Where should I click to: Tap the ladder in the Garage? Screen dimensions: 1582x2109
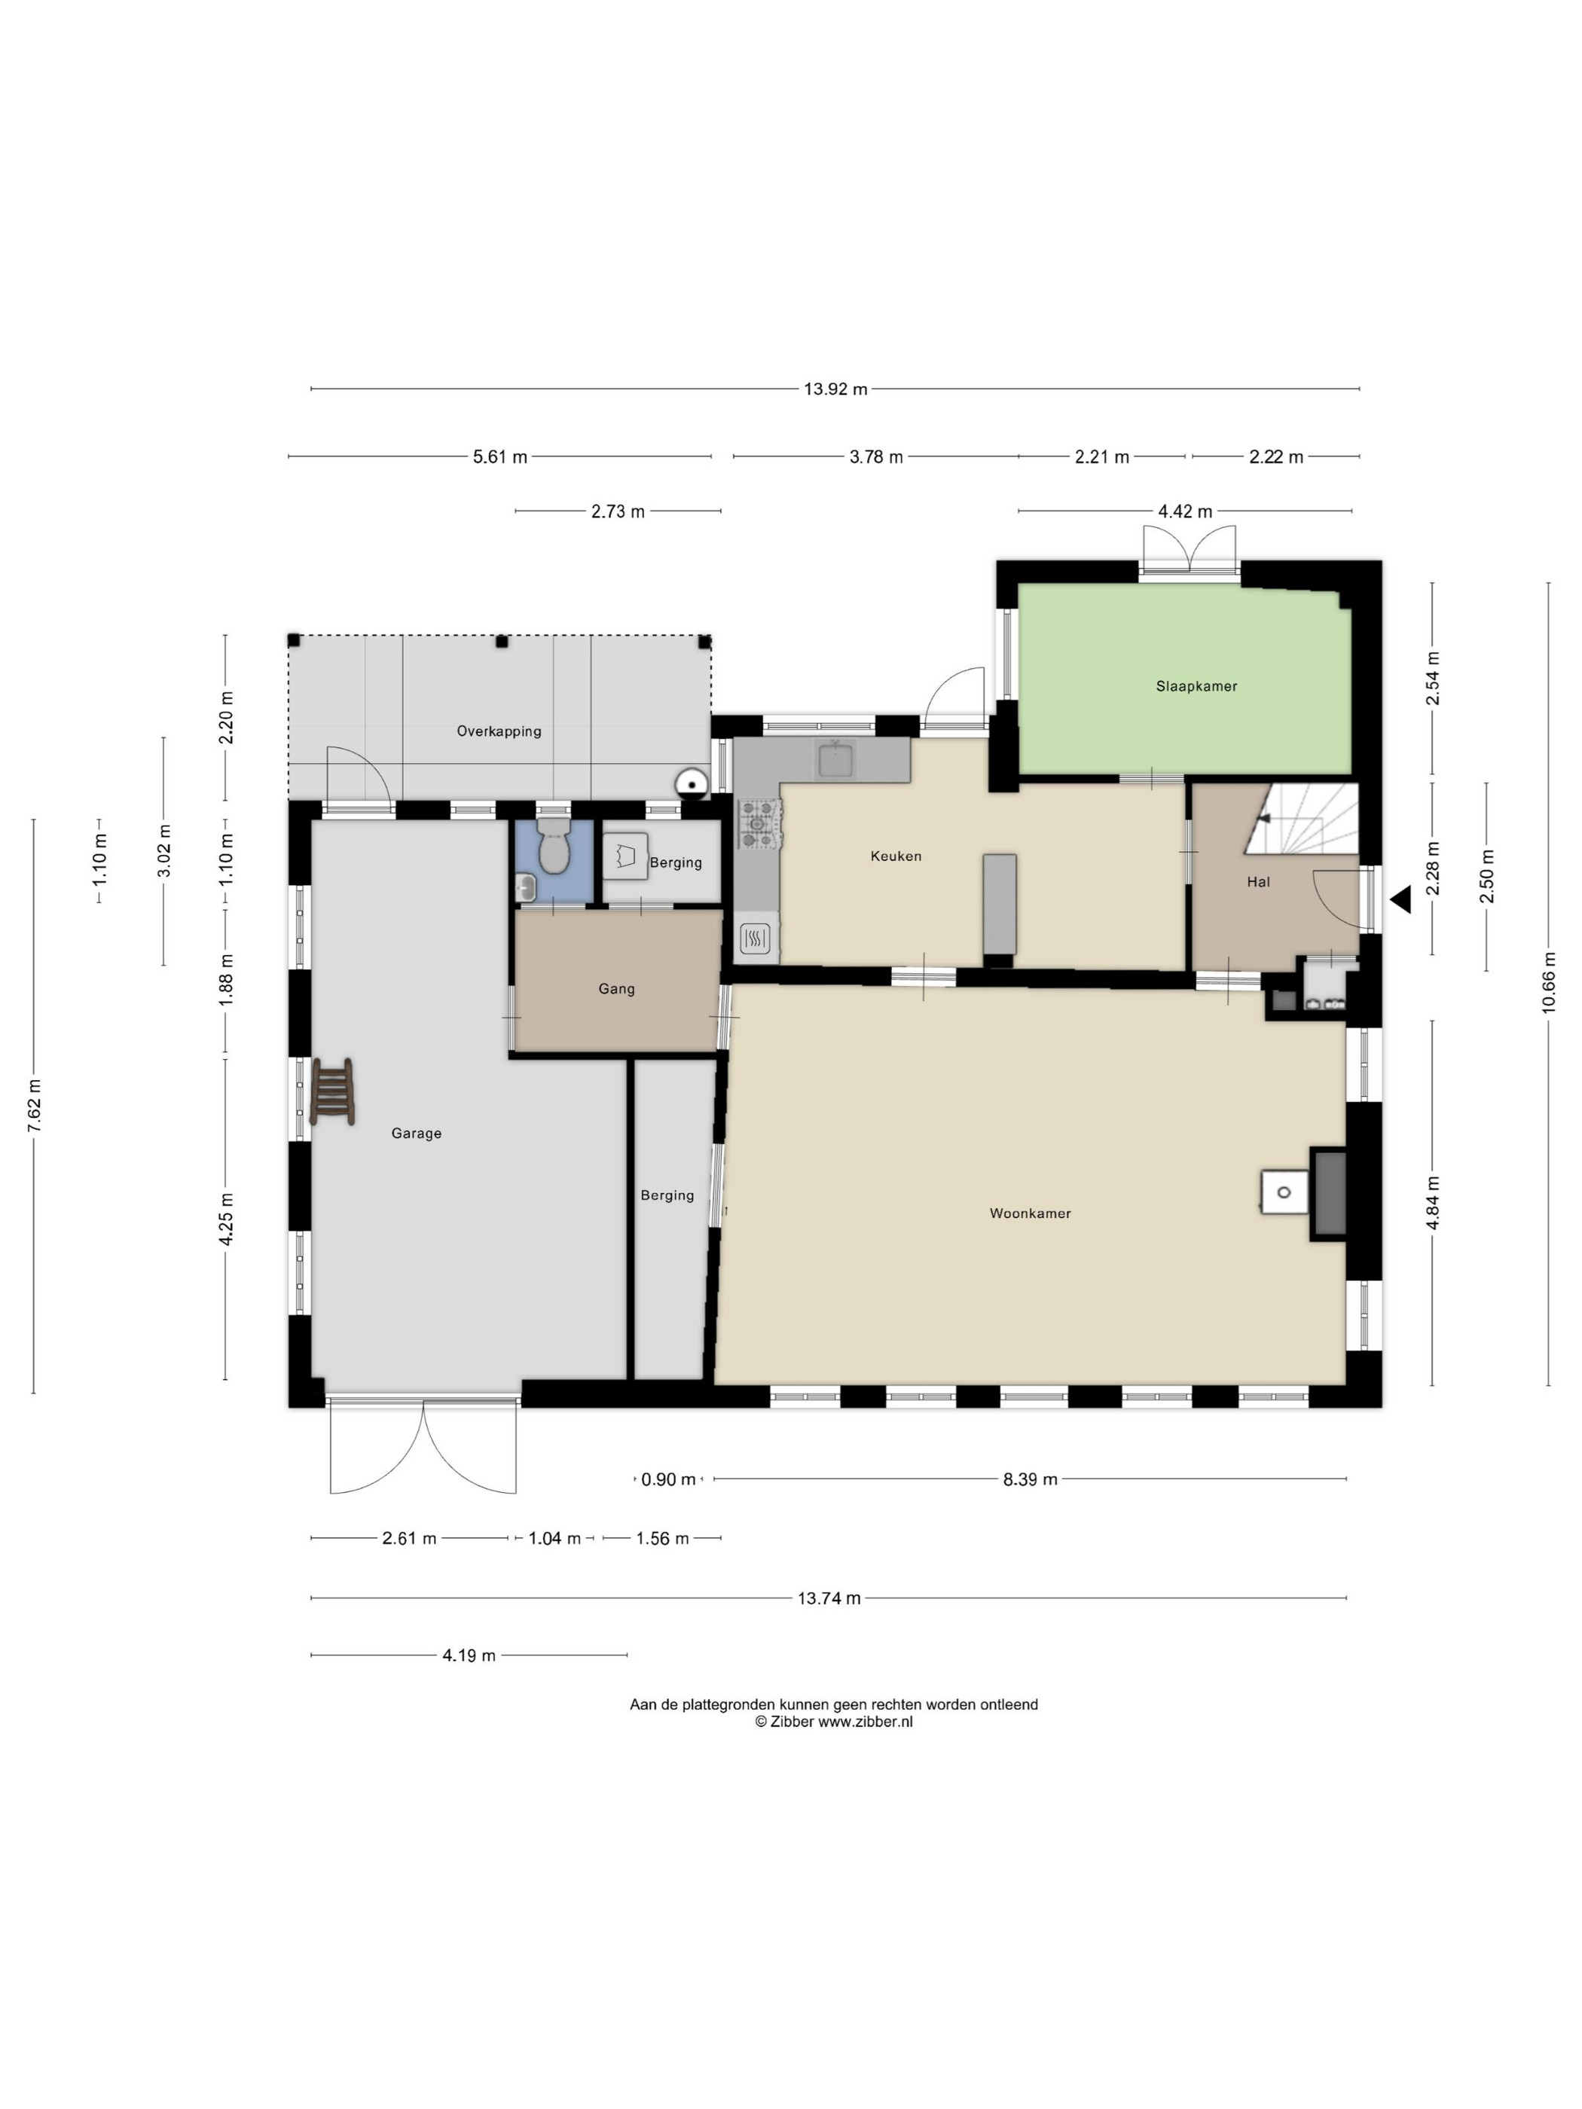[333, 1091]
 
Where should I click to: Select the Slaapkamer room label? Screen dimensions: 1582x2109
[1196, 685]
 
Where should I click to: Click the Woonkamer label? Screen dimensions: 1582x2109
[1030, 1213]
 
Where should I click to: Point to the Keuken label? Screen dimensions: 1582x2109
[896, 856]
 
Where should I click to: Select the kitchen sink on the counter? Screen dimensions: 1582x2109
[835, 759]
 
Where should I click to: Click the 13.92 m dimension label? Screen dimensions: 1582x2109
[835, 389]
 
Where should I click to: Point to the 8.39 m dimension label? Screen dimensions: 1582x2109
[1030, 1479]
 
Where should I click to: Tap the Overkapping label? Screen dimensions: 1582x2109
[499, 731]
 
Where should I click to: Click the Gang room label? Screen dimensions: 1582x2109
[616, 989]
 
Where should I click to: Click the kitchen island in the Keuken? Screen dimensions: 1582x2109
[1000, 904]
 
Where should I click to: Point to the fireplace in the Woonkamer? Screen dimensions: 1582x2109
[1328, 1194]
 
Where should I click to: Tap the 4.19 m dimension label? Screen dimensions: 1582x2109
[469, 1655]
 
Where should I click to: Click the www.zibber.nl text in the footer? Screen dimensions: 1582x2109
[865, 1721]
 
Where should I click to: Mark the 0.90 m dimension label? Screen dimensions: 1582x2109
[668, 1479]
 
